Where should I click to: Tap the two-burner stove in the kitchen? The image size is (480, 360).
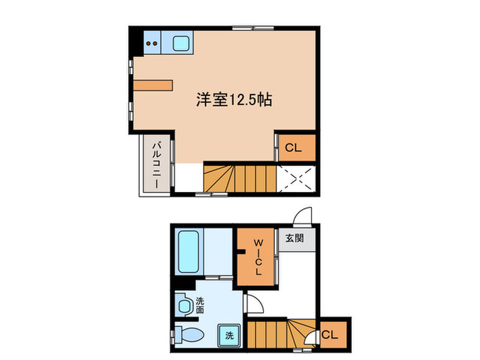(153, 45)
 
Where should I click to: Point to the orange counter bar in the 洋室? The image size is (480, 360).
(152, 85)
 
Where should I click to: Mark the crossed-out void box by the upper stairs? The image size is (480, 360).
(297, 179)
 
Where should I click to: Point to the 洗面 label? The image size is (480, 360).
(200, 304)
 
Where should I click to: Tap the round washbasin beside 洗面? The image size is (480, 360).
(183, 305)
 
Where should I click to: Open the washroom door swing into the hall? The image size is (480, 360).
(252, 305)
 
